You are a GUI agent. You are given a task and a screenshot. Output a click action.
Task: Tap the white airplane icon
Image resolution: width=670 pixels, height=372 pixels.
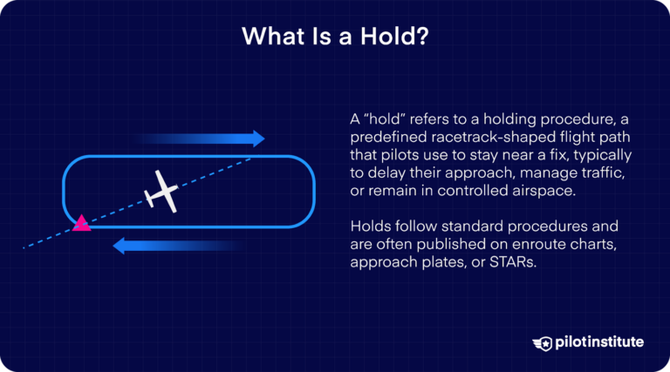pos(161,189)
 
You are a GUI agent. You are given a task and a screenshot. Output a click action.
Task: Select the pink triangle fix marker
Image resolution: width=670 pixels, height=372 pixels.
pos(81,223)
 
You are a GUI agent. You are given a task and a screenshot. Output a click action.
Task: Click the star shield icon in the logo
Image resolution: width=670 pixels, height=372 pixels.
pos(542,342)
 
